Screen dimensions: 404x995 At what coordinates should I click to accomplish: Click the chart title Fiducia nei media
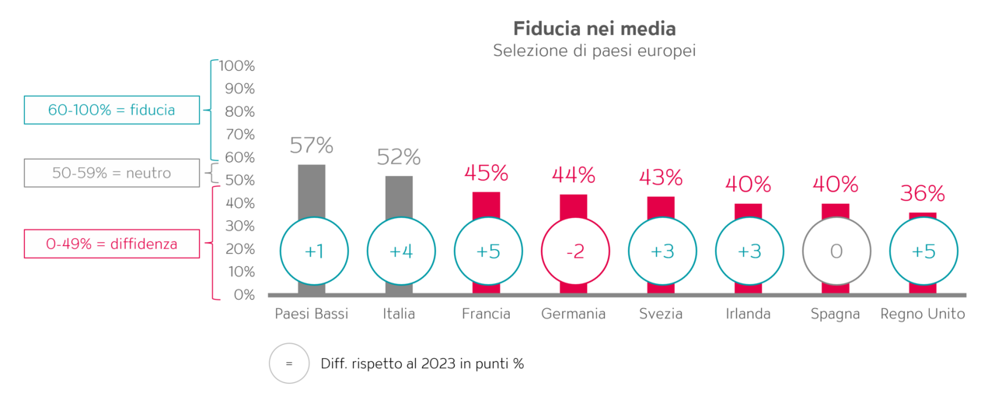594,29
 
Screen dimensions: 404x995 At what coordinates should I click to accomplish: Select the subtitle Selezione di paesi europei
594,51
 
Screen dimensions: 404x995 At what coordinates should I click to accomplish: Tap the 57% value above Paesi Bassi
311,146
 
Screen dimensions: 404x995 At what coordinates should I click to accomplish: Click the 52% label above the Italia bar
399,157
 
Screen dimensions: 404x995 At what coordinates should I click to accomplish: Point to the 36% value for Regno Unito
923,194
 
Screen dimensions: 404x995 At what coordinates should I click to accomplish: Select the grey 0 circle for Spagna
836,251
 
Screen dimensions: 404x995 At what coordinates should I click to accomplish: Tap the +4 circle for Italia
400,251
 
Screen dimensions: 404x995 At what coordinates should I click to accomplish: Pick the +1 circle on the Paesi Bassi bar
313,251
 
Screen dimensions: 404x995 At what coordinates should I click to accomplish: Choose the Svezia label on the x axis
661,314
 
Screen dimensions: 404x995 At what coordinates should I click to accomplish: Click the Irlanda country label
748,314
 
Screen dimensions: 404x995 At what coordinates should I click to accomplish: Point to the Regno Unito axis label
923,314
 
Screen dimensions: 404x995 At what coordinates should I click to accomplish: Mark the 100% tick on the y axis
237,66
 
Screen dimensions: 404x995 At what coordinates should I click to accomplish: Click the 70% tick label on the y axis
239,135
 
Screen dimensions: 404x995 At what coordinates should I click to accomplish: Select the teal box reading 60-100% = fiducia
112,111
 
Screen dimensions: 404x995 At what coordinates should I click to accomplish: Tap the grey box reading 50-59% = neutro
112,173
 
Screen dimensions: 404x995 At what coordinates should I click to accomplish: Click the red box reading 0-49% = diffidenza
112,244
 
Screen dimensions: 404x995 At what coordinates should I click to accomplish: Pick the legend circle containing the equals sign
289,364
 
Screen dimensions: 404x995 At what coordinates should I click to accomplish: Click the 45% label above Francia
486,172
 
